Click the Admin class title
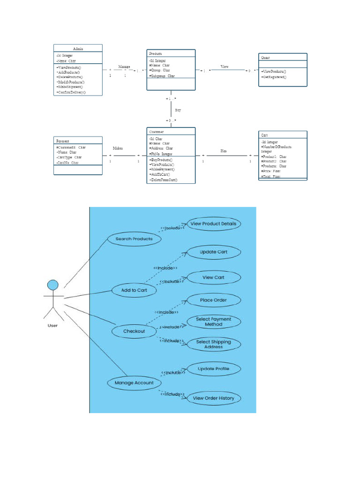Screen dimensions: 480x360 coord(78,48)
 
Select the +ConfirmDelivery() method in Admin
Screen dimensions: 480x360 coord(71,92)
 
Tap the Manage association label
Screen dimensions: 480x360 coord(124,67)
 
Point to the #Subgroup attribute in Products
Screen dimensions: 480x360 coord(162,76)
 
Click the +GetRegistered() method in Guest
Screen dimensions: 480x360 coord(274,76)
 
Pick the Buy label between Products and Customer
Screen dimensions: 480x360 coord(178,110)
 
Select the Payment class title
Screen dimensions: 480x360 coord(63,141)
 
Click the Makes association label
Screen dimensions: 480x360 coord(118,148)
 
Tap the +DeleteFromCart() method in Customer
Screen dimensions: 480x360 coord(164,180)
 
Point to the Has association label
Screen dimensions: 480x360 coord(224,151)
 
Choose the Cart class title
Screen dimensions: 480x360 coord(265,135)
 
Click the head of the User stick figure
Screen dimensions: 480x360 coord(53,285)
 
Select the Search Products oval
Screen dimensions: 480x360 coord(134,239)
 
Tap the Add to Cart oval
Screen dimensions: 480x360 coord(134,290)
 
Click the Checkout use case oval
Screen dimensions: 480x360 coord(134,331)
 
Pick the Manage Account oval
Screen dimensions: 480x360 coord(134,383)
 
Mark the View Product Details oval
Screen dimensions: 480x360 coord(214,224)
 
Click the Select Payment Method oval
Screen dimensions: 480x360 coord(213,322)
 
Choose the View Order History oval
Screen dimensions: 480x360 coord(213,398)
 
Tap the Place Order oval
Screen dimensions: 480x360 coord(213,300)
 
